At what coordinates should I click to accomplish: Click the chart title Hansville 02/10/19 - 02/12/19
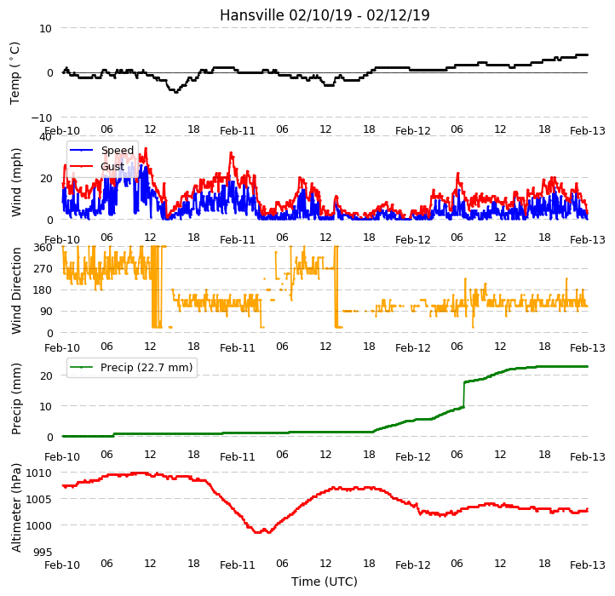pos(325,15)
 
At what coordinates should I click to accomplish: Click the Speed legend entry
pos(101,150)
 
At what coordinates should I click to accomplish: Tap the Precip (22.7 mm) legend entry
pos(131,368)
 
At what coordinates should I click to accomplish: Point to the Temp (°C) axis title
pos(14,73)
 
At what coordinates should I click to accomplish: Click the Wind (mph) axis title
pos(15,182)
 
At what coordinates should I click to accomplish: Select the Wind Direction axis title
pos(15,290)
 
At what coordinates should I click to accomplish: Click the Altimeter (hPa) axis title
pos(15,507)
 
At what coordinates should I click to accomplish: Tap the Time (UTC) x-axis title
pos(325,581)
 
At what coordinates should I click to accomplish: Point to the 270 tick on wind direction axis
pos(44,269)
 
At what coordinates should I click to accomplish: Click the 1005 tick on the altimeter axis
pos(39,499)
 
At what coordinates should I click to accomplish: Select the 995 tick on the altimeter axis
pos(43,552)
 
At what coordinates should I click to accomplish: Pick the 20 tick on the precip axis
pos(46,375)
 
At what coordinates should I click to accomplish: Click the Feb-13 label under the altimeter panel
pos(587,565)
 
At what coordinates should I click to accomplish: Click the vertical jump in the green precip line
pos(464,394)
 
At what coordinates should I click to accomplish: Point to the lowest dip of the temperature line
pos(175,92)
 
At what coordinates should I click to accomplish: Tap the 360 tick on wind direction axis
pos(44,248)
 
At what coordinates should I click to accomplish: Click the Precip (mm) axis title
pos(15,398)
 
